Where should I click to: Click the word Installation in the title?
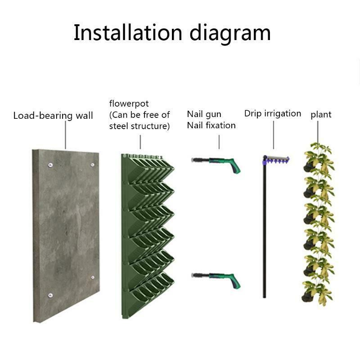click(128, 32)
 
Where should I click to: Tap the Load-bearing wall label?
click(53, 116)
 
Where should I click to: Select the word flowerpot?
click(129, 104)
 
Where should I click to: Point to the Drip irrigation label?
click(273, 114)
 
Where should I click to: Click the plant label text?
click(321, 115)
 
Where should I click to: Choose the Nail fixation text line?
click(211, 126)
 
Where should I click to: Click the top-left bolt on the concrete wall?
click(50, 165)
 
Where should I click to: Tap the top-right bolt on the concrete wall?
click(93, 165)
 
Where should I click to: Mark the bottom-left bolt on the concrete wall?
click(50, 295)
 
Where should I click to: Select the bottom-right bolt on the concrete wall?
click(93, 277)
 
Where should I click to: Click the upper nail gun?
click(216, 164)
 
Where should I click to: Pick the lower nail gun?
click(216, 280)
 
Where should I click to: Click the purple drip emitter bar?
click(276, 160)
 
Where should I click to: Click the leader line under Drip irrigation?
click(274, 135)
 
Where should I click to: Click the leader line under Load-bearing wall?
click(65, 135)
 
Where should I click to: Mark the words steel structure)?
click(139, 126)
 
